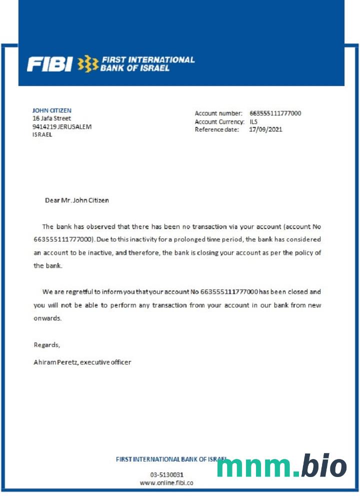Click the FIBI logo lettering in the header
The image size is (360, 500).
49,64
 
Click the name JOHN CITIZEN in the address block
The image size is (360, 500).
52,110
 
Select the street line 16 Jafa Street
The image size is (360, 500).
51,118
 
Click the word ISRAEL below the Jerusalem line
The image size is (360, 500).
42,134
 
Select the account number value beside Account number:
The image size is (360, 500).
275,113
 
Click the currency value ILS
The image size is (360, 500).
253,121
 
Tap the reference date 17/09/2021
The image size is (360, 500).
265,129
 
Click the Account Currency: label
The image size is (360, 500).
219,121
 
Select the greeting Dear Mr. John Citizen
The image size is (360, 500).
76,200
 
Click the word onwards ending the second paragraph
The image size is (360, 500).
47,318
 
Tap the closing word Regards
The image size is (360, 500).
46,344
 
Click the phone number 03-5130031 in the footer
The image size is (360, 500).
166,474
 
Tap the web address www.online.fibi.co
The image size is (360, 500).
166,483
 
